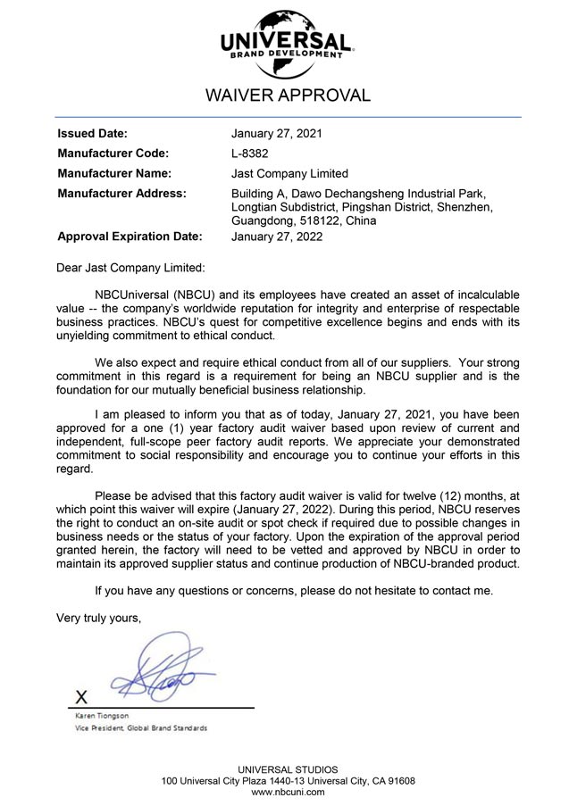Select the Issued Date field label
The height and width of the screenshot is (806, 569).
92,134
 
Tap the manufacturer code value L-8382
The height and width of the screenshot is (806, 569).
250,154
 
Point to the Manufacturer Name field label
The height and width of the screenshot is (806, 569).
114,173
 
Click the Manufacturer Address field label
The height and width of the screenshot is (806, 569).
121,193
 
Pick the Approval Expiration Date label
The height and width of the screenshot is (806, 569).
130,237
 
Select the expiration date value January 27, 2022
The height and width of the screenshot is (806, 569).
277,237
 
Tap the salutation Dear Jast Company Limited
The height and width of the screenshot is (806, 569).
130,267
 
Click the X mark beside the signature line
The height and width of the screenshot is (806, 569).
81,696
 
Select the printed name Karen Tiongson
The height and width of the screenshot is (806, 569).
101,716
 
